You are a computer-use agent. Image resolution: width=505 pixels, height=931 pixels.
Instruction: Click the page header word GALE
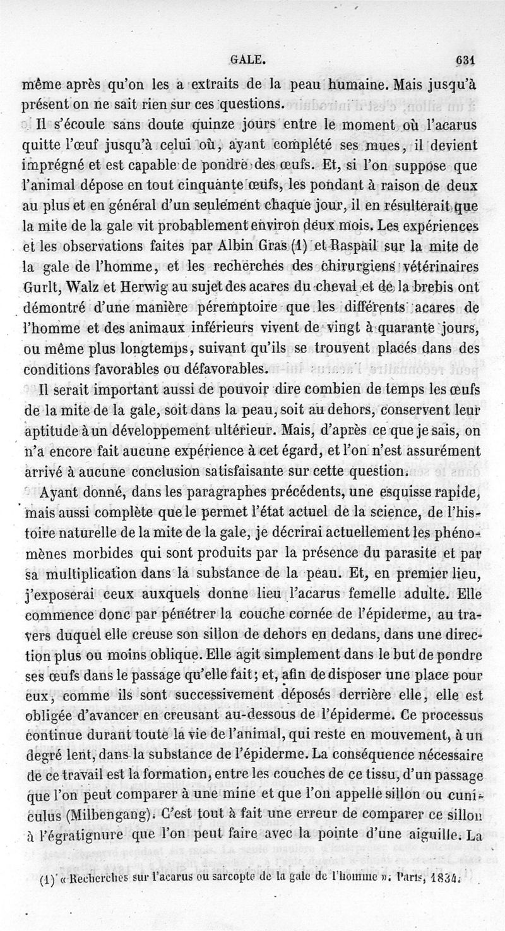tap(247, 61)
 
